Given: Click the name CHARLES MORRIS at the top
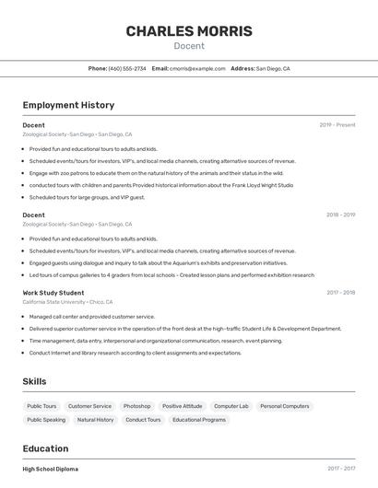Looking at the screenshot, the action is (188, 31).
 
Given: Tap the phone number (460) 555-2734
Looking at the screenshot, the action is (127, 68).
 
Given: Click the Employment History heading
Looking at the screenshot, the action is (68, 105).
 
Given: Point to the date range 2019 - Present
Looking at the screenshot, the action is (337, 124).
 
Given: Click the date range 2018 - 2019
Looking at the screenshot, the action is (340, 215).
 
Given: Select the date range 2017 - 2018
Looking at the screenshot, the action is (340, 293).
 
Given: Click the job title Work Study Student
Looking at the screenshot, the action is (53, 293).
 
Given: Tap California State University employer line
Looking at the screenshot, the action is (67, 302).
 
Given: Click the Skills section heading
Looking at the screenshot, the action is (34, 381).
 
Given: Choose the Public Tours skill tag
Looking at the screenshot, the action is (41, 406).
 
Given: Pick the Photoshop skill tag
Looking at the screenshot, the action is (136, 406).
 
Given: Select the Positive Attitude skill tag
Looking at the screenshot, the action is (182, 406).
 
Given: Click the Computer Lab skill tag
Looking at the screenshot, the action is (231, 406).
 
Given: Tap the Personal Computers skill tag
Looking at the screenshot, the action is (284, 406).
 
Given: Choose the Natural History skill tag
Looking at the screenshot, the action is (95, 420).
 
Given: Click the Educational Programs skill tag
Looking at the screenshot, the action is (199, 420).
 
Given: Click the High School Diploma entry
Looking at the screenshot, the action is (50, 469).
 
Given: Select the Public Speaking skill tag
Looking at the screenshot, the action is (46, 420).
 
